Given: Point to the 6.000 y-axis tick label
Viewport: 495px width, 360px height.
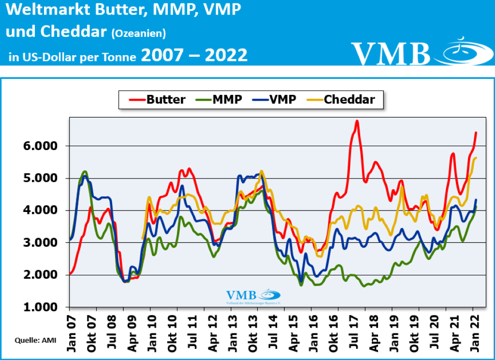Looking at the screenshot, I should [41, 146].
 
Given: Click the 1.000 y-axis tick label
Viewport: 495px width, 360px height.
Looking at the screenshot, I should [41, 307].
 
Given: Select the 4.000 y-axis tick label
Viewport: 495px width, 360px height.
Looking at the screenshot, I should [41, 210].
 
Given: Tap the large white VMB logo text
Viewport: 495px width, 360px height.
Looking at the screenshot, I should [391, 53].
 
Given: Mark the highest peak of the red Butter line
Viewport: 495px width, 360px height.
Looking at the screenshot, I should [357, 121].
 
